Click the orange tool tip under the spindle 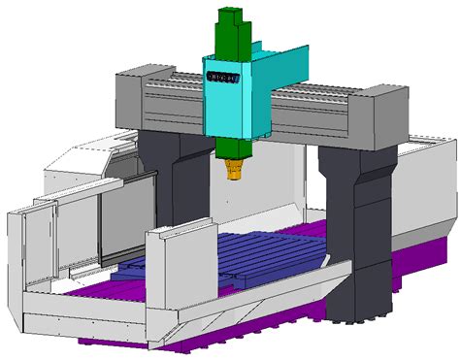[x=234, y=172]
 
